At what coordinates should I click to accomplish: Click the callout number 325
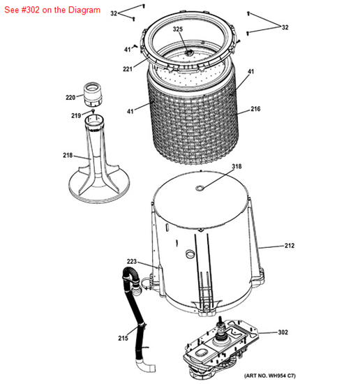point(178,29)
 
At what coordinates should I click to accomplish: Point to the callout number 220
point(70,97)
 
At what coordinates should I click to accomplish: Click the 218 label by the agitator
point(67,155)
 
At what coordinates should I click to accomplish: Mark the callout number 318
point(237,166)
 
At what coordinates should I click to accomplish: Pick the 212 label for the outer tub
point(290,246)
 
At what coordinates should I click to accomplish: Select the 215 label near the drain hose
point(123,339)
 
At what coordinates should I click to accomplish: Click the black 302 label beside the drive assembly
point(283,332)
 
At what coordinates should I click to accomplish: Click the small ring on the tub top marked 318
point(201,187)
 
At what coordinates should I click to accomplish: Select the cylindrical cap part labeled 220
point(92,91)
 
